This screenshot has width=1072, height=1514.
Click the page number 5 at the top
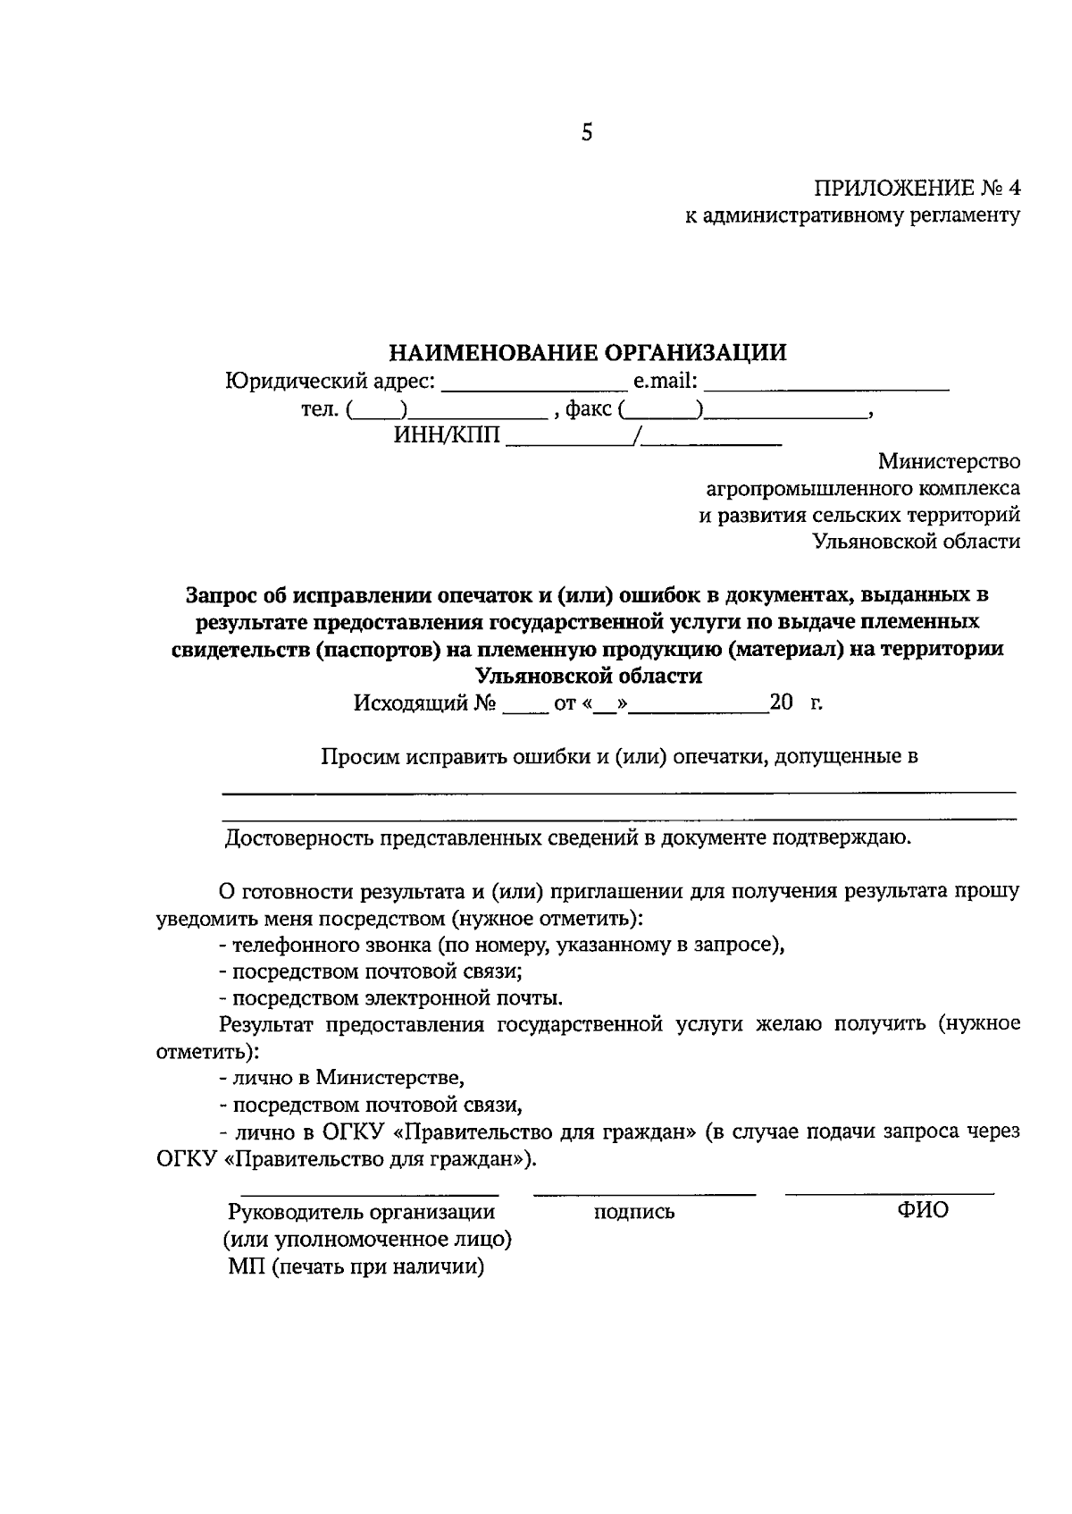point(586,133)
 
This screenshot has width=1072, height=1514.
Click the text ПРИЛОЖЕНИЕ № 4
point(916,189)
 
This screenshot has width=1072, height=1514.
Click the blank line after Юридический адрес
point(534,384)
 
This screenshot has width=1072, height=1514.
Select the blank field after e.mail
point(825,384)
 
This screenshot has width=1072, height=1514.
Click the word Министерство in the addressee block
point(949,462)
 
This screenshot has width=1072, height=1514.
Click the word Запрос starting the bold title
point(222,594)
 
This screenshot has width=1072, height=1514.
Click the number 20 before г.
point(781,702)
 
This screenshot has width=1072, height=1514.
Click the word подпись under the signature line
point(633,1213)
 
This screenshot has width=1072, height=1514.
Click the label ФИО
point(923,1211)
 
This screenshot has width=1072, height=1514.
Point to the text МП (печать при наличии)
point(356,1266)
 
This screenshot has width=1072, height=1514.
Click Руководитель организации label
point(361,1213)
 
